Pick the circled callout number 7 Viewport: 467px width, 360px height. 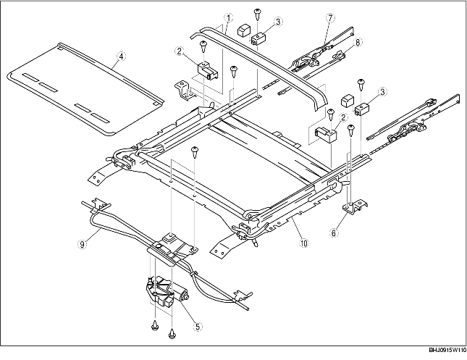(329, 17)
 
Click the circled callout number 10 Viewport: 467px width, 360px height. (302, 243)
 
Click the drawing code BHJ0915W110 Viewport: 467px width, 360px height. (439, 350)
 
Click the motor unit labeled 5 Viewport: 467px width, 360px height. (166, 294)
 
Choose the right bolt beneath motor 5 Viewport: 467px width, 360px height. (172, 334)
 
